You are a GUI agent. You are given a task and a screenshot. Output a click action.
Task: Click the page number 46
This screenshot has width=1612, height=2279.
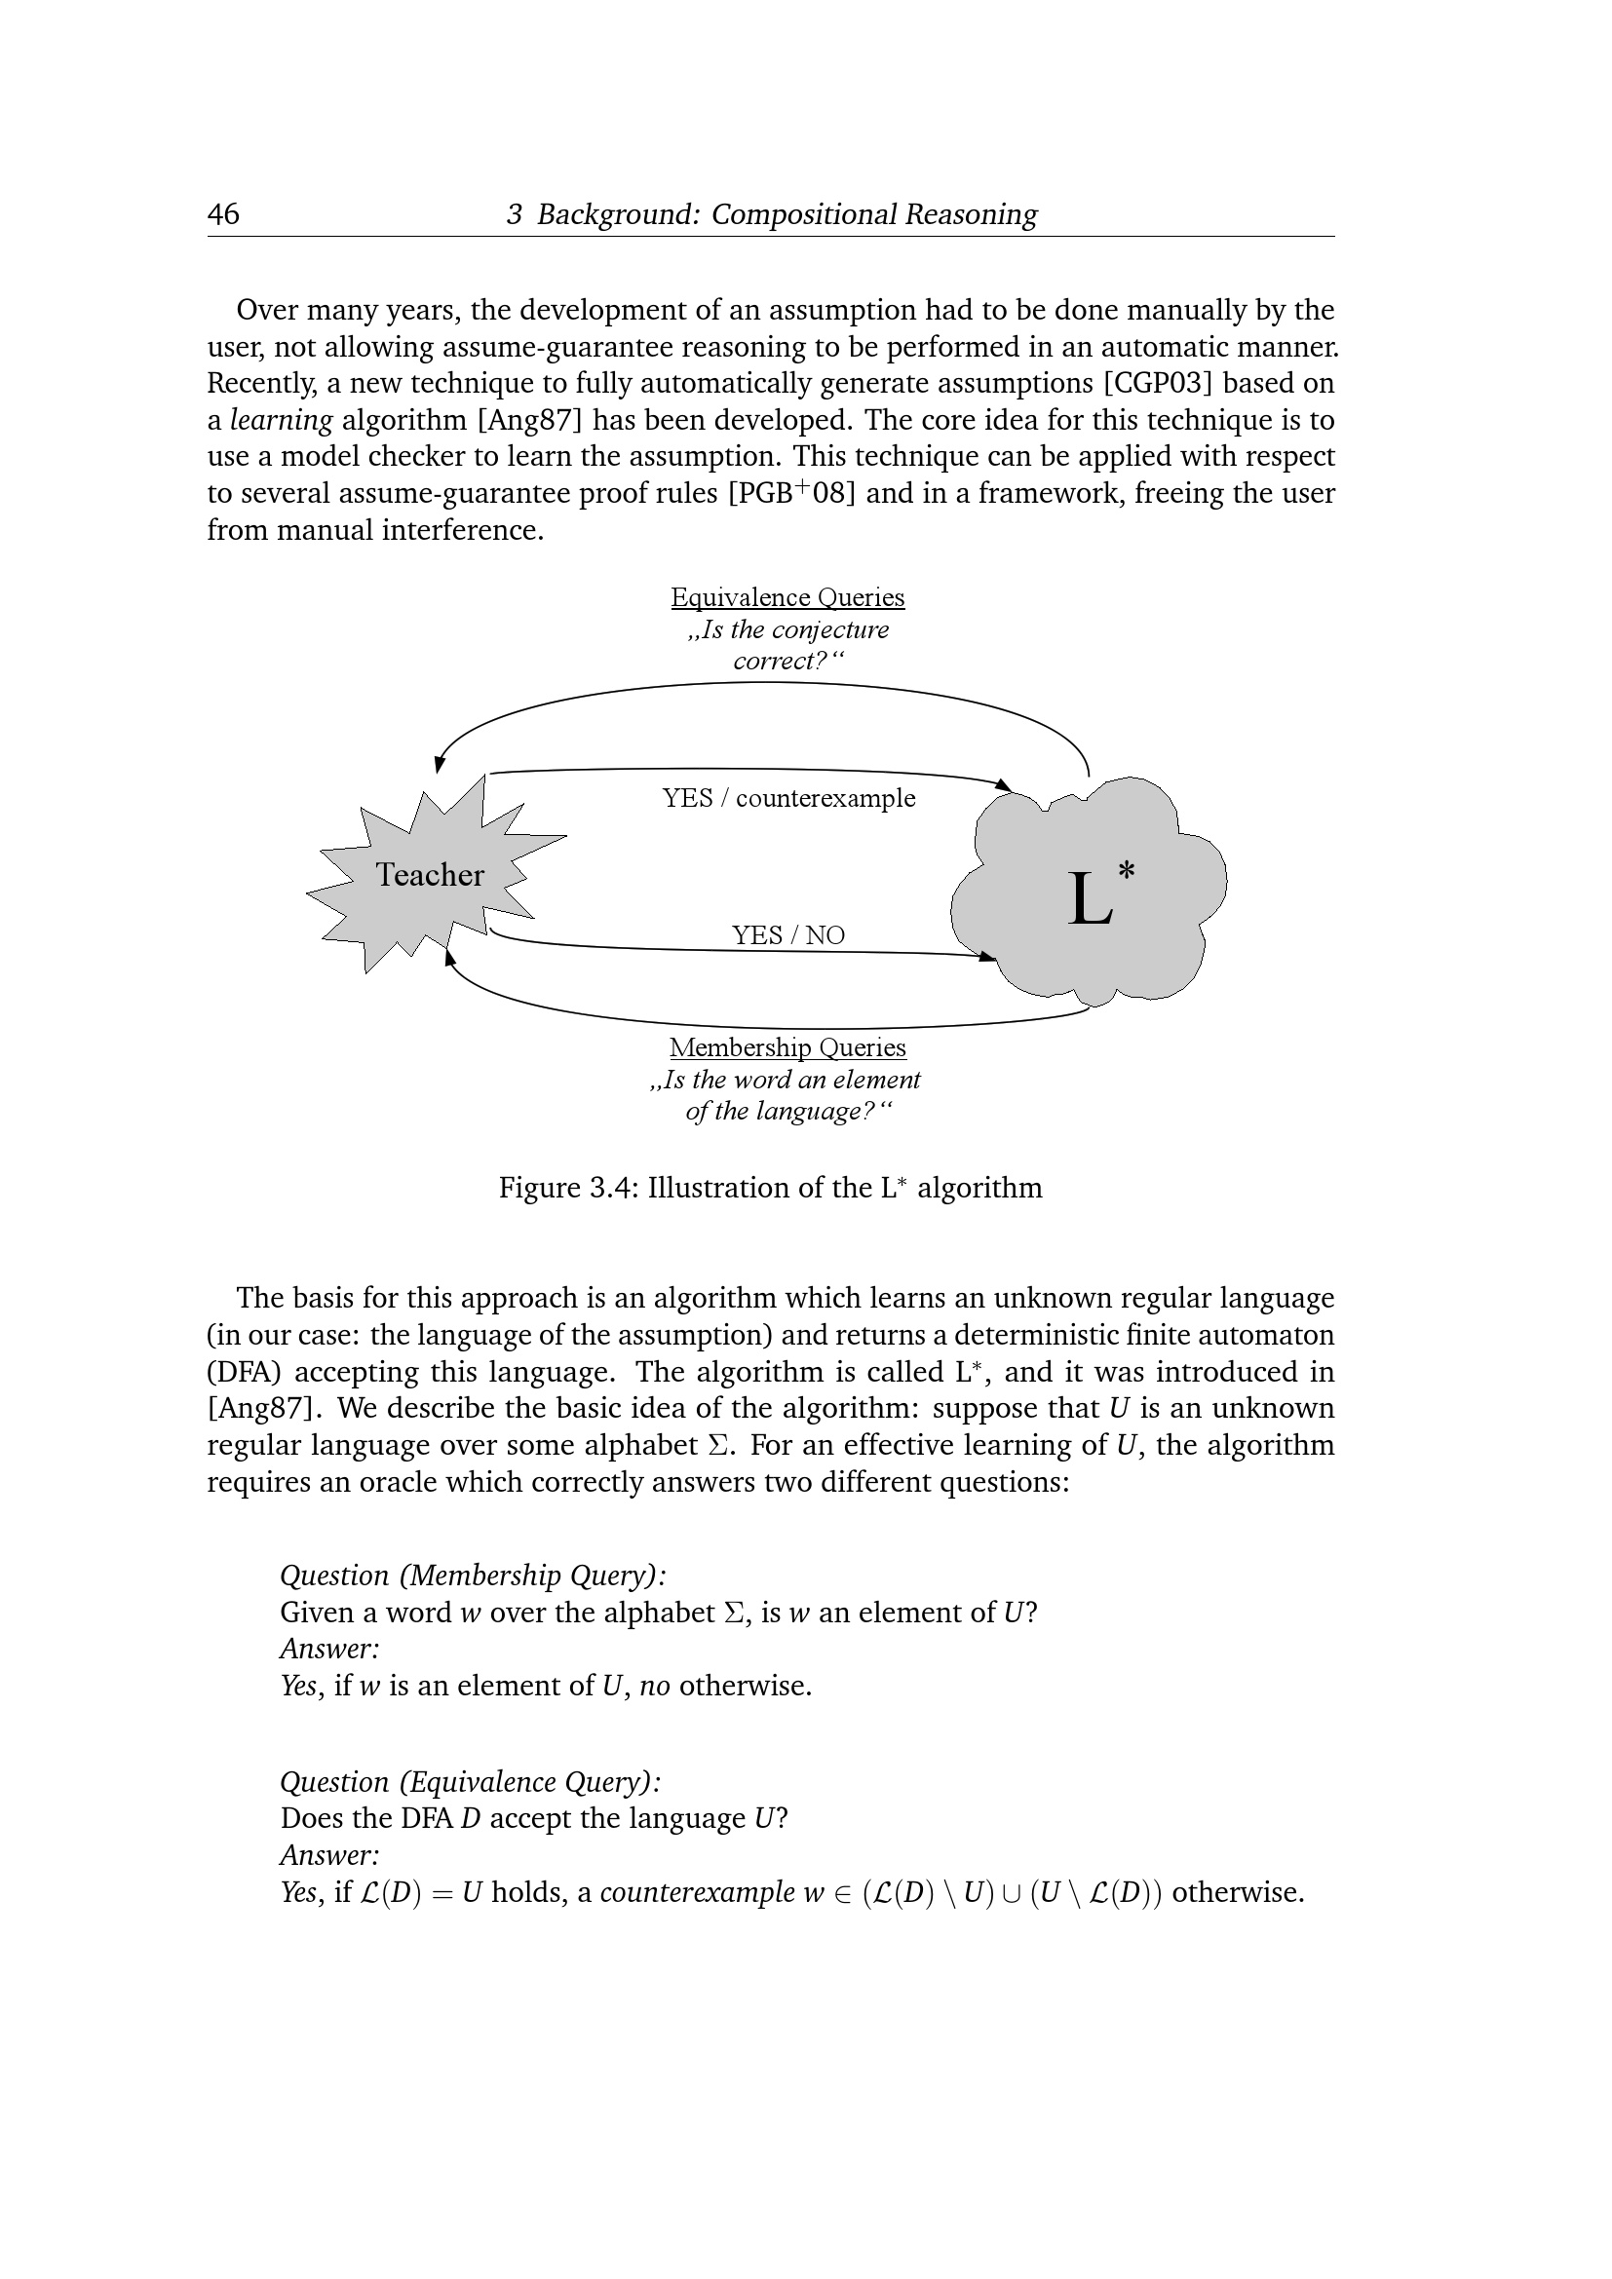tap(222, 214)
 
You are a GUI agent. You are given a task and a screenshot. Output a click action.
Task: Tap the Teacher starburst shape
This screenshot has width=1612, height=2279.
tap(429, 874)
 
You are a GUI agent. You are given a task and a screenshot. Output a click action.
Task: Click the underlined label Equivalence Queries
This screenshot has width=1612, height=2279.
tap(787, 597)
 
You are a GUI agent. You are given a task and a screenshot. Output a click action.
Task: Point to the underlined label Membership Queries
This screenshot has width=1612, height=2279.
tap(787, 1047)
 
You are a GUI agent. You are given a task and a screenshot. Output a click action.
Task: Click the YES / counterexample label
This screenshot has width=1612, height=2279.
tap(788, 798)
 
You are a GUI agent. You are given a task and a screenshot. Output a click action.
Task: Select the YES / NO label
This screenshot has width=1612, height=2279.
tap(788, 935)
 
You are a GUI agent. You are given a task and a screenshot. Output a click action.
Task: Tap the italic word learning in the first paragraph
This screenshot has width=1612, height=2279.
tap(281, 420)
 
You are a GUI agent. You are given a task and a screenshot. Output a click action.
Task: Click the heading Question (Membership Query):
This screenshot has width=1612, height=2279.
tap(473, 1576)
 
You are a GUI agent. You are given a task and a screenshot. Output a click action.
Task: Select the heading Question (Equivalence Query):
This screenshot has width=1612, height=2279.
tap(471, 1782)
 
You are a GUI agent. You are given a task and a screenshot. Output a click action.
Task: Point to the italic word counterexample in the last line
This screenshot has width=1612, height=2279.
tap(697, 1892)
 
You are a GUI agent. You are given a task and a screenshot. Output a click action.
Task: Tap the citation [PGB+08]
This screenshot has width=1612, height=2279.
tap(791, 493)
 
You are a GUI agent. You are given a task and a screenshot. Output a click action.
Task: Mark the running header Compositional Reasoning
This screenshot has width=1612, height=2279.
tap(873, 214)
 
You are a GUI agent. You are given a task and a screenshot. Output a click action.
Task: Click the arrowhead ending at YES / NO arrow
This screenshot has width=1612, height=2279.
tap(986, 957)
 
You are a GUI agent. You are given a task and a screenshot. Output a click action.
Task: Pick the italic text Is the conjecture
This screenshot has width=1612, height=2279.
tap(788, 630)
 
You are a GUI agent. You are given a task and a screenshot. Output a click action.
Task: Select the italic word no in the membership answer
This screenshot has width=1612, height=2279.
tap(654, 1686)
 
